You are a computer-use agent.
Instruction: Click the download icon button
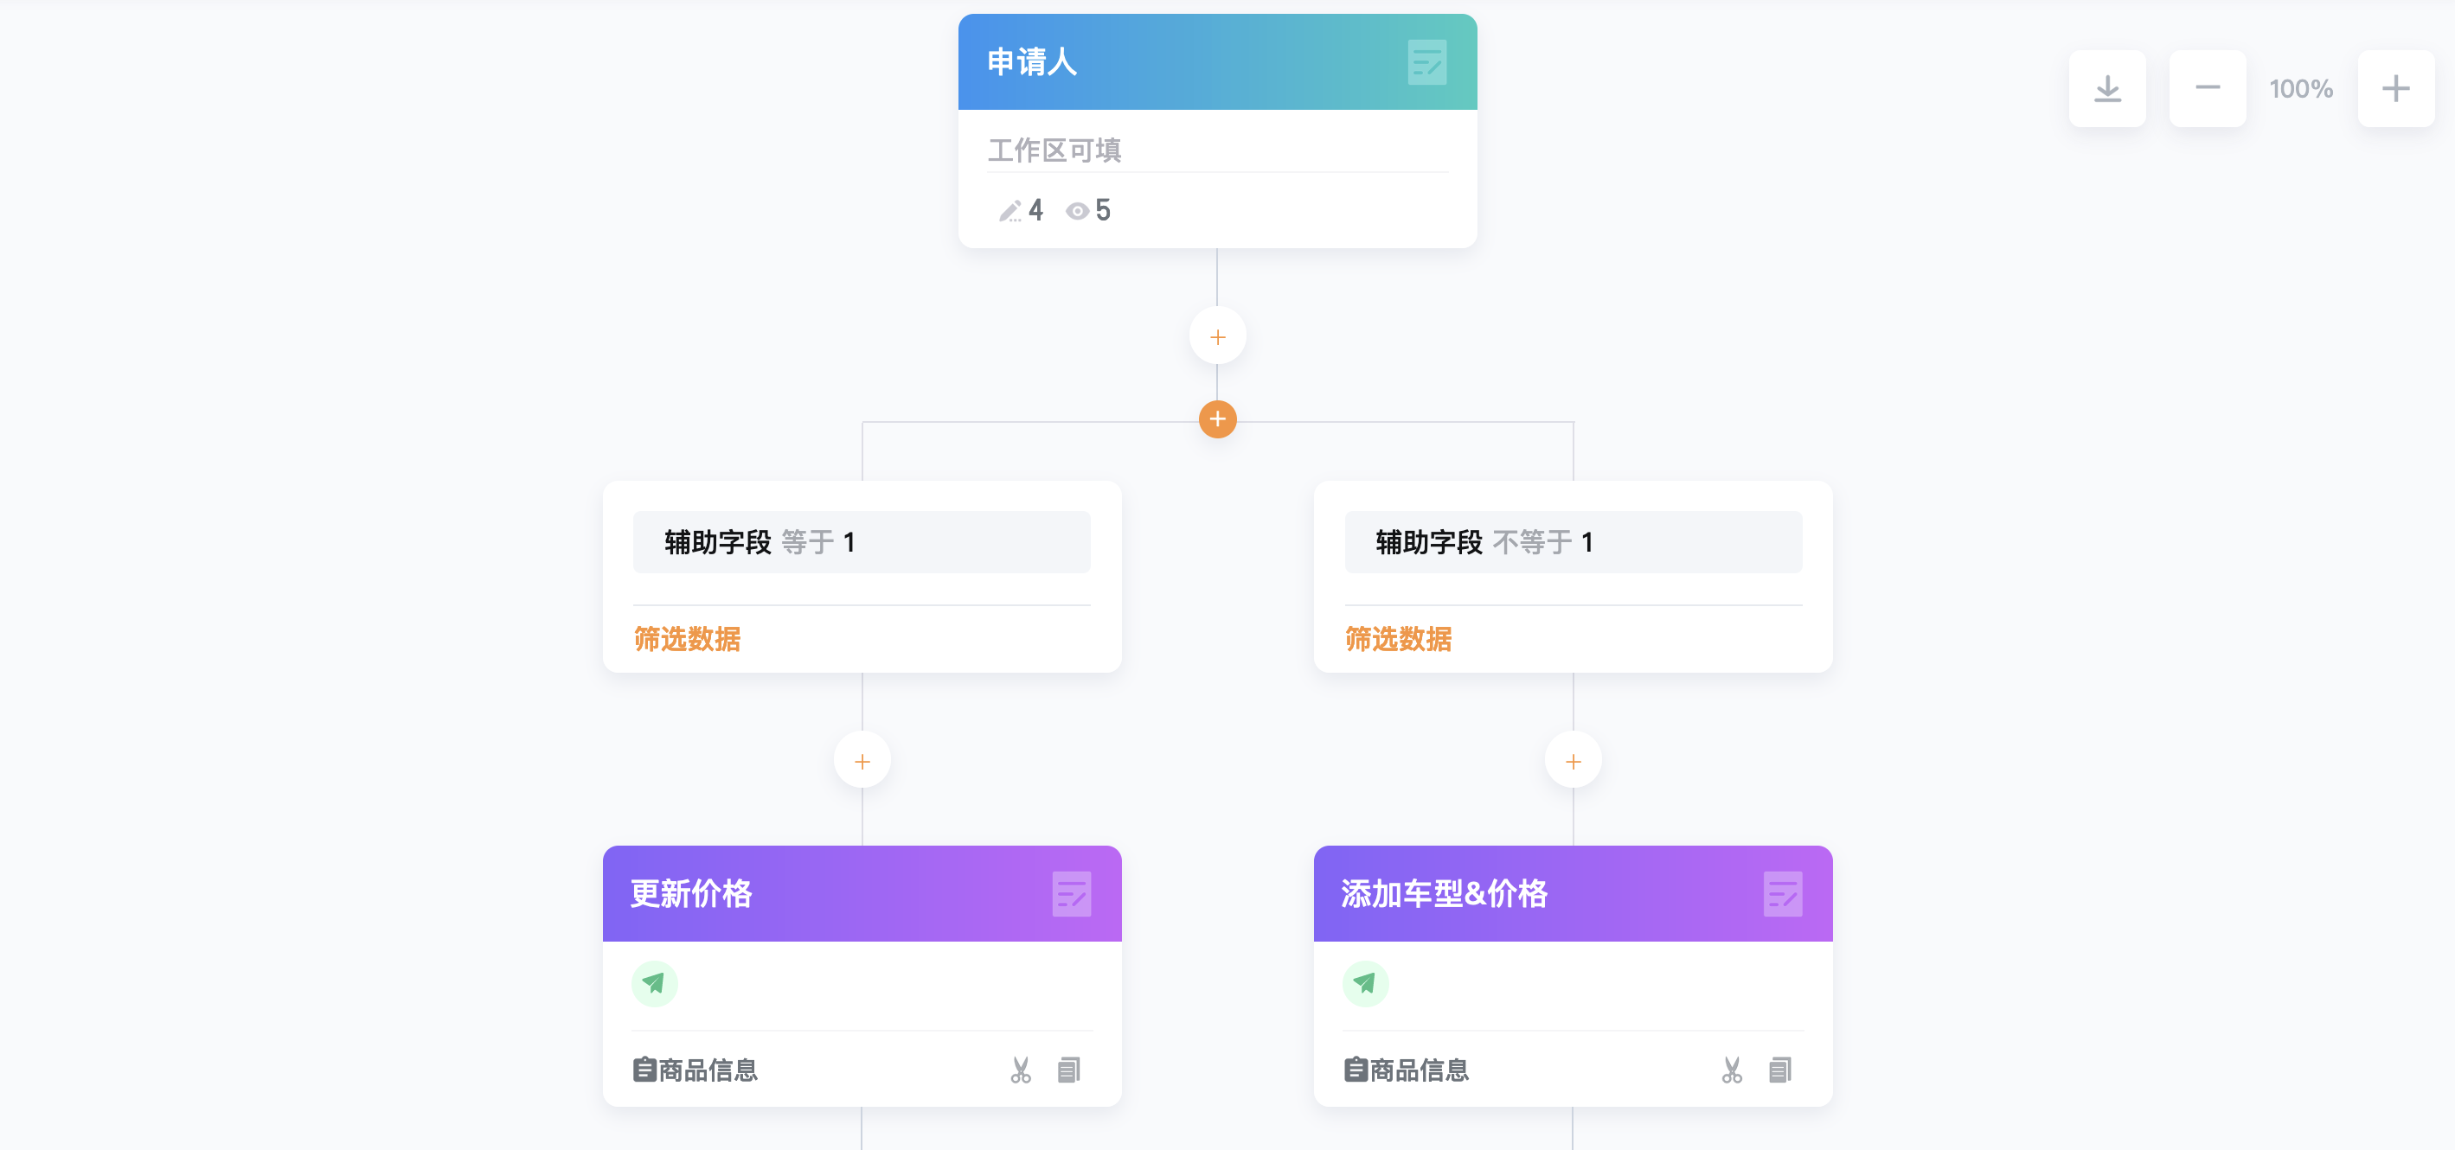2107,88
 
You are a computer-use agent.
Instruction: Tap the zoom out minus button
2208,88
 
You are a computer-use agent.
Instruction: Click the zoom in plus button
2396,88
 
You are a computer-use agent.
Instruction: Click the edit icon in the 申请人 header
1426,62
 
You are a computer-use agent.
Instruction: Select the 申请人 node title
1032,62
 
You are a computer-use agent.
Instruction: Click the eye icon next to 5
1077,211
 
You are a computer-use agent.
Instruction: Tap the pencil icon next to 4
1010,211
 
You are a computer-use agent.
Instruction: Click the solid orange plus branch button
1217,419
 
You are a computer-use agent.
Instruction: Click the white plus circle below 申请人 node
1217,336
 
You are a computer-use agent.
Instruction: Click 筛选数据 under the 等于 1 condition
687,638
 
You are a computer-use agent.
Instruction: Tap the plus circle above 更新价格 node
862,761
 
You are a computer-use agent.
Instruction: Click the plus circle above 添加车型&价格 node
1573,761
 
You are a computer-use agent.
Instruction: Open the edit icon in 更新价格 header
1071,894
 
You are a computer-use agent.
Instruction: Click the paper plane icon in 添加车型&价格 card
1366,983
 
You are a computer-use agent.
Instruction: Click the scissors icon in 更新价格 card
1021,1070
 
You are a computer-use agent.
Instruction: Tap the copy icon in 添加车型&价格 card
1779,1070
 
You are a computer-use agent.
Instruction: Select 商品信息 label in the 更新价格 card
708,1070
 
